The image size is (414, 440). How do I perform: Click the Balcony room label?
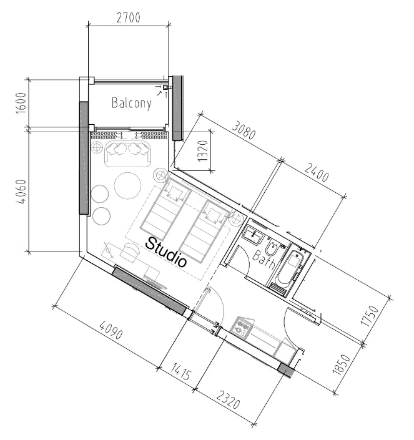coord(131,103)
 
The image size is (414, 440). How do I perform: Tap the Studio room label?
coord(167,252)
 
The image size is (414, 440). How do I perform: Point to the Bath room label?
coord(264,259)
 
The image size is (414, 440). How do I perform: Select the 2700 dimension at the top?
coord(128,17)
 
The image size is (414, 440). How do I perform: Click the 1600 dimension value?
coord(21,103)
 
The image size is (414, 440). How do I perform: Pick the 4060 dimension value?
coord(21,192)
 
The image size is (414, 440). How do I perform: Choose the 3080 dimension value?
coord(244,130)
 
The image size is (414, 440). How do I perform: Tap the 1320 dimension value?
coord(203,150)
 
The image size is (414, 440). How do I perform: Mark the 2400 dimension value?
coord(317,173)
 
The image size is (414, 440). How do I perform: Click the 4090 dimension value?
coord(111,330)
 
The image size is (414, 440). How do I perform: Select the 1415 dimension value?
coord(181,371)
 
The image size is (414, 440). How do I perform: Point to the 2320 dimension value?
coord(228,399)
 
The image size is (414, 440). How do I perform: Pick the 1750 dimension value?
coord(370,316)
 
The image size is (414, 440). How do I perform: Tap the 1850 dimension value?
coord(342,364)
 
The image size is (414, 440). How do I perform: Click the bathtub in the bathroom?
coord(289,267)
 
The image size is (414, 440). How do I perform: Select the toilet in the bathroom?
coord(272,248)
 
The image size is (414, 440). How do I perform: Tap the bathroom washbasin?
coord(253,235)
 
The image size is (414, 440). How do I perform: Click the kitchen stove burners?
coord(242,326)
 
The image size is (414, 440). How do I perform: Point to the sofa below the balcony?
coord(128,154)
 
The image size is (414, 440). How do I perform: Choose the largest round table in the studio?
coord(128,185)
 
